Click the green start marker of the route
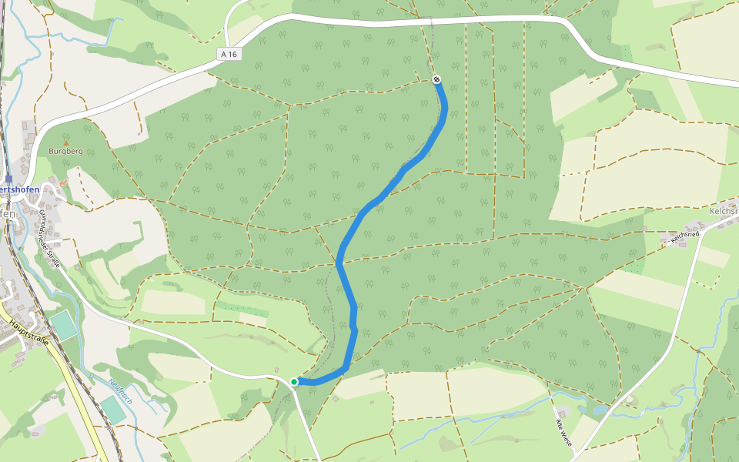294,381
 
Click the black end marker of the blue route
436,79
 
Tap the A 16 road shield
228,54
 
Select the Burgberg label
65,152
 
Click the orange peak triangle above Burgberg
65,142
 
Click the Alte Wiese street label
564,434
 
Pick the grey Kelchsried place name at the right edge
724,211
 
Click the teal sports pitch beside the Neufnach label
113,410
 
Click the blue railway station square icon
8,178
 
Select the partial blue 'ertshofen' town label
19,189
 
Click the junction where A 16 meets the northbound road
229,45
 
